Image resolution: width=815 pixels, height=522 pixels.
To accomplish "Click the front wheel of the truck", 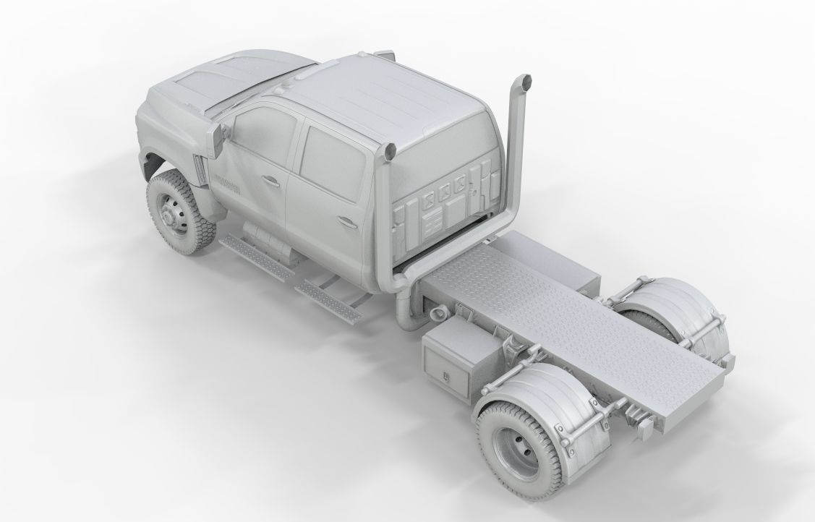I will pos(177,212).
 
